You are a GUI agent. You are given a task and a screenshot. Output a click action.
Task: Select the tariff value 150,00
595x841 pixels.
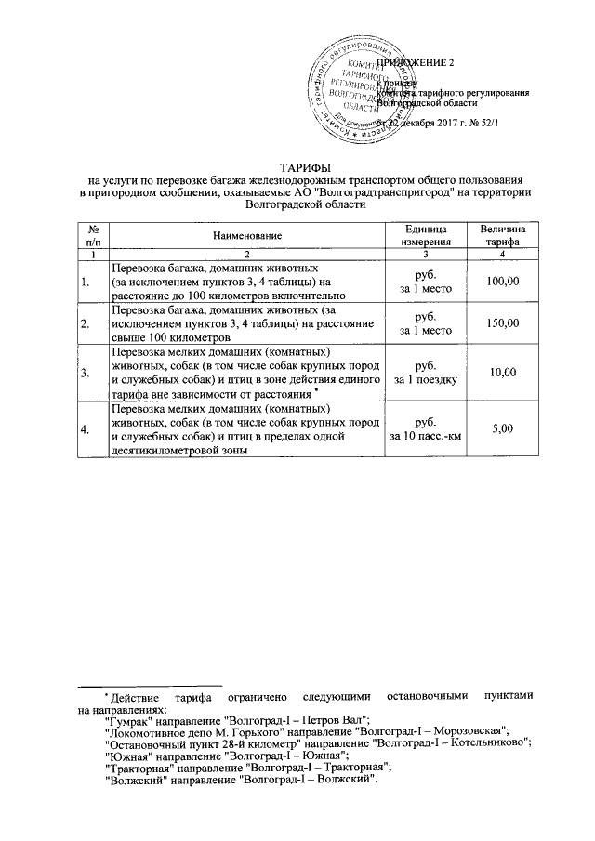point(501,322)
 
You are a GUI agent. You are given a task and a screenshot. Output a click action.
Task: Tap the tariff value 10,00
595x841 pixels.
point(501,373)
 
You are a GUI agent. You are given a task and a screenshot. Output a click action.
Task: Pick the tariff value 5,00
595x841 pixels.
point(501,428)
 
